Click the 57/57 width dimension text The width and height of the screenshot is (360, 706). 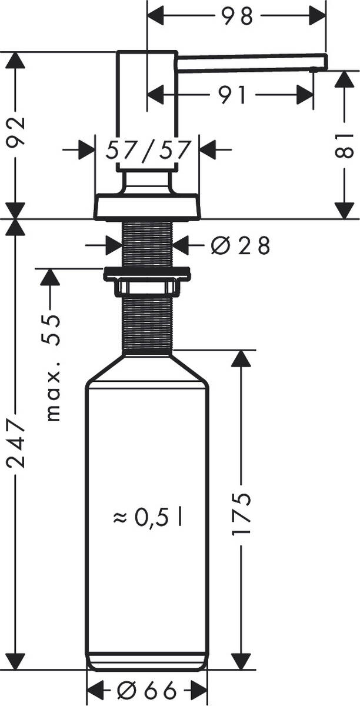click(148, 151)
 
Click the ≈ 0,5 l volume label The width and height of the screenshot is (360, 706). click(148, 517)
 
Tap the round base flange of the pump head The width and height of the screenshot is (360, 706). click(147, 207)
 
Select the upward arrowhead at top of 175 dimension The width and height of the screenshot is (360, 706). click(241, 359)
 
